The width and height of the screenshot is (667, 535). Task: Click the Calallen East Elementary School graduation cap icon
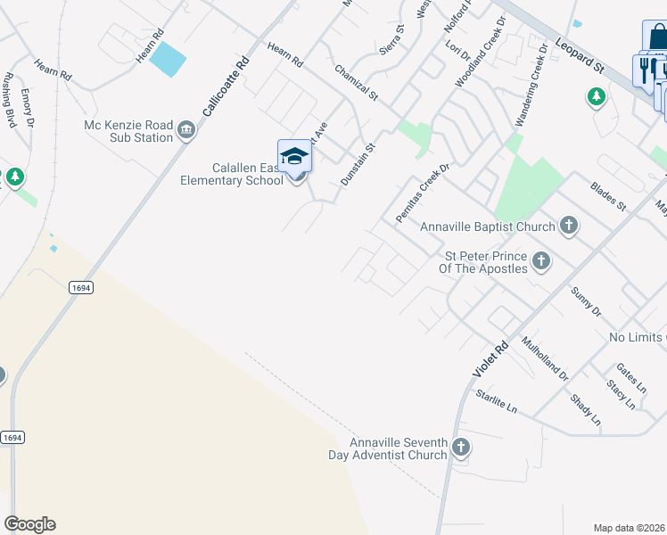coord(294,157)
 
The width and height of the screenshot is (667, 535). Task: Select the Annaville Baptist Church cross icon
coord(569,226)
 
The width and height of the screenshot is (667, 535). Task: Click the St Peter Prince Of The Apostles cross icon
coord(539,261)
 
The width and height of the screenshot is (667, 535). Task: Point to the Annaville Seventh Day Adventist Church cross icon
coord(460,448)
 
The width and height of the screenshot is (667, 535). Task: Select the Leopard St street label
coord(580,54)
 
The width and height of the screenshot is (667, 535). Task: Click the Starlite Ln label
coord(496,400)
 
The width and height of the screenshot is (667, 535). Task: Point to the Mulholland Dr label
coord(545,358)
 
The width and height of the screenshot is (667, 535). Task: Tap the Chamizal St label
coord(357,82)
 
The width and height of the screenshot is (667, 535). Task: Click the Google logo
coord(29,524)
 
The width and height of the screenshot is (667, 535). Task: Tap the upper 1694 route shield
coord(80,288)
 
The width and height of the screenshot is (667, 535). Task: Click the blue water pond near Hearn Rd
coord(168,60)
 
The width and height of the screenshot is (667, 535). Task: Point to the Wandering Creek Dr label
coord(525,96)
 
